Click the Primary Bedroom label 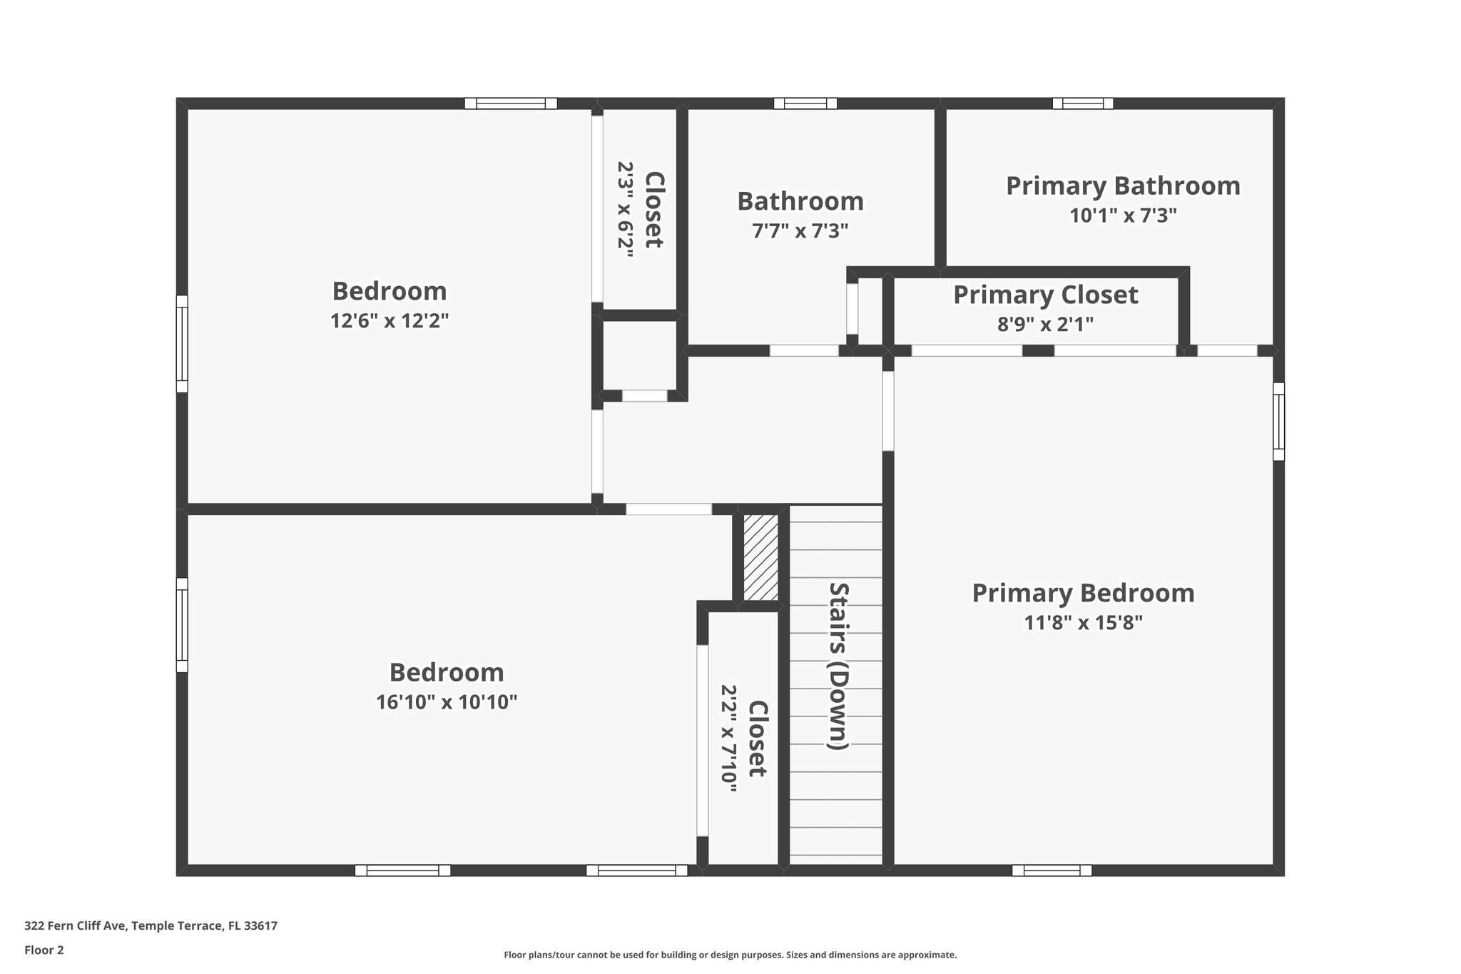tap(1083, 594)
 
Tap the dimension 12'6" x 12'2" tap(390, 321)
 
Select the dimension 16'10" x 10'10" tap(447, 703)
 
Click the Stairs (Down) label tap(838, 666)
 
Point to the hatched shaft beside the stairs tap(760, 557)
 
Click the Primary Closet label tap(1045, 295)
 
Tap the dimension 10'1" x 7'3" tap(1123, 215)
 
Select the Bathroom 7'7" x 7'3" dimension tap(800, 231)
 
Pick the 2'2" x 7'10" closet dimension tap(728, 739)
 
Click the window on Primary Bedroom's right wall tap(1278, 422)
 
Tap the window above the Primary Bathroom tap(1082, 103)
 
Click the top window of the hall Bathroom tap(805, 103)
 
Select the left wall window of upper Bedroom tap(182, 344)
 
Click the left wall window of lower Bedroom tap(182, 625)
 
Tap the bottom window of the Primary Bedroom tap(1052, 871)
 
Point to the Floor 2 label tap(44, 950)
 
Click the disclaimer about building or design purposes tap(730, 955)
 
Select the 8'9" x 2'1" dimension tap(1045, 325)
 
